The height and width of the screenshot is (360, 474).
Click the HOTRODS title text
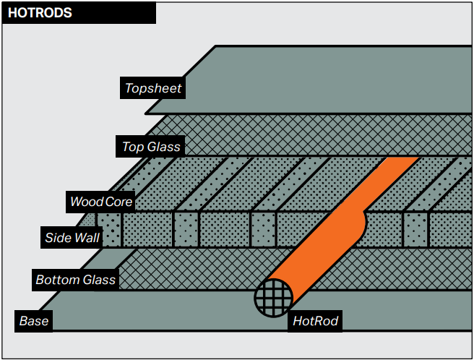(40, 13)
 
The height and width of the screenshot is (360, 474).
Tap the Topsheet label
(153, 88)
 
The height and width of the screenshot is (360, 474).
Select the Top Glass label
(151, 147)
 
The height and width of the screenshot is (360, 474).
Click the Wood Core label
(100, 201)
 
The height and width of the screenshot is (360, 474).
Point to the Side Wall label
(72, 237)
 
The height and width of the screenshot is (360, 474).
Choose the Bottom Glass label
(76, 279)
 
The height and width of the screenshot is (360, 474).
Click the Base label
(34, 320)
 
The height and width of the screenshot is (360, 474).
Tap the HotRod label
(315, 320)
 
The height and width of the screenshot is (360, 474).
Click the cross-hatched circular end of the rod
(274, 298)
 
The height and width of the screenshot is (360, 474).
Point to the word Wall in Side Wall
(87, 237)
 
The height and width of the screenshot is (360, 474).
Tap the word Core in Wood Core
(118, 201)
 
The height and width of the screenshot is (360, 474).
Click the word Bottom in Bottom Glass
(57, 279)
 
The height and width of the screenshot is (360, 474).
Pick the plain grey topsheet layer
(318, 80)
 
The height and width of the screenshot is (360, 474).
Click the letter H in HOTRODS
(12, 13)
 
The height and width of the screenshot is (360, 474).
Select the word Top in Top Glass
(132, 147)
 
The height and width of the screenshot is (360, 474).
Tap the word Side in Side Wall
(58, 237)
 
